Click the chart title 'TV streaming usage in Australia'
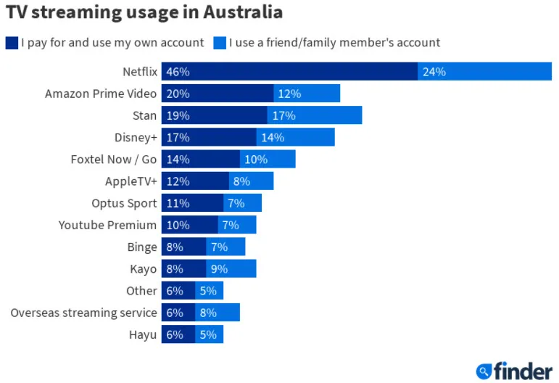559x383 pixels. point(144,12)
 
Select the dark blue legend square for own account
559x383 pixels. point(12,42)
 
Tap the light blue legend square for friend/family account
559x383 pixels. point(220,42)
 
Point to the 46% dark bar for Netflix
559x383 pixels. point(289,72)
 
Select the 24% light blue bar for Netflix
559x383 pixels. point(484,72)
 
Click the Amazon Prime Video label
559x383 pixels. point(101,94)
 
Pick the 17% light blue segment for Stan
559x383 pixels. point(315,115)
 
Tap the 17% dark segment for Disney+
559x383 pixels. point(209,138)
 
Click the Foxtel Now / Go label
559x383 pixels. point(114,160)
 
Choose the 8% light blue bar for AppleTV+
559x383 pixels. point(251,181)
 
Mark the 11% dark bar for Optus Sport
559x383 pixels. point(192,203)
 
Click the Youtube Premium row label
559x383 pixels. point(107,225)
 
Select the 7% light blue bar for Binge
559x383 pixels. point(225,247)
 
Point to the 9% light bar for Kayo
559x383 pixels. point(231,269)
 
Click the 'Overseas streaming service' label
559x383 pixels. point(83,313)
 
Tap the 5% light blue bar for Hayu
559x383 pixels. point(209,334)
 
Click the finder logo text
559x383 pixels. point(523,371)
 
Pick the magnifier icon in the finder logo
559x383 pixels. point(484,371)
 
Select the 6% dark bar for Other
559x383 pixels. point(178,291)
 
